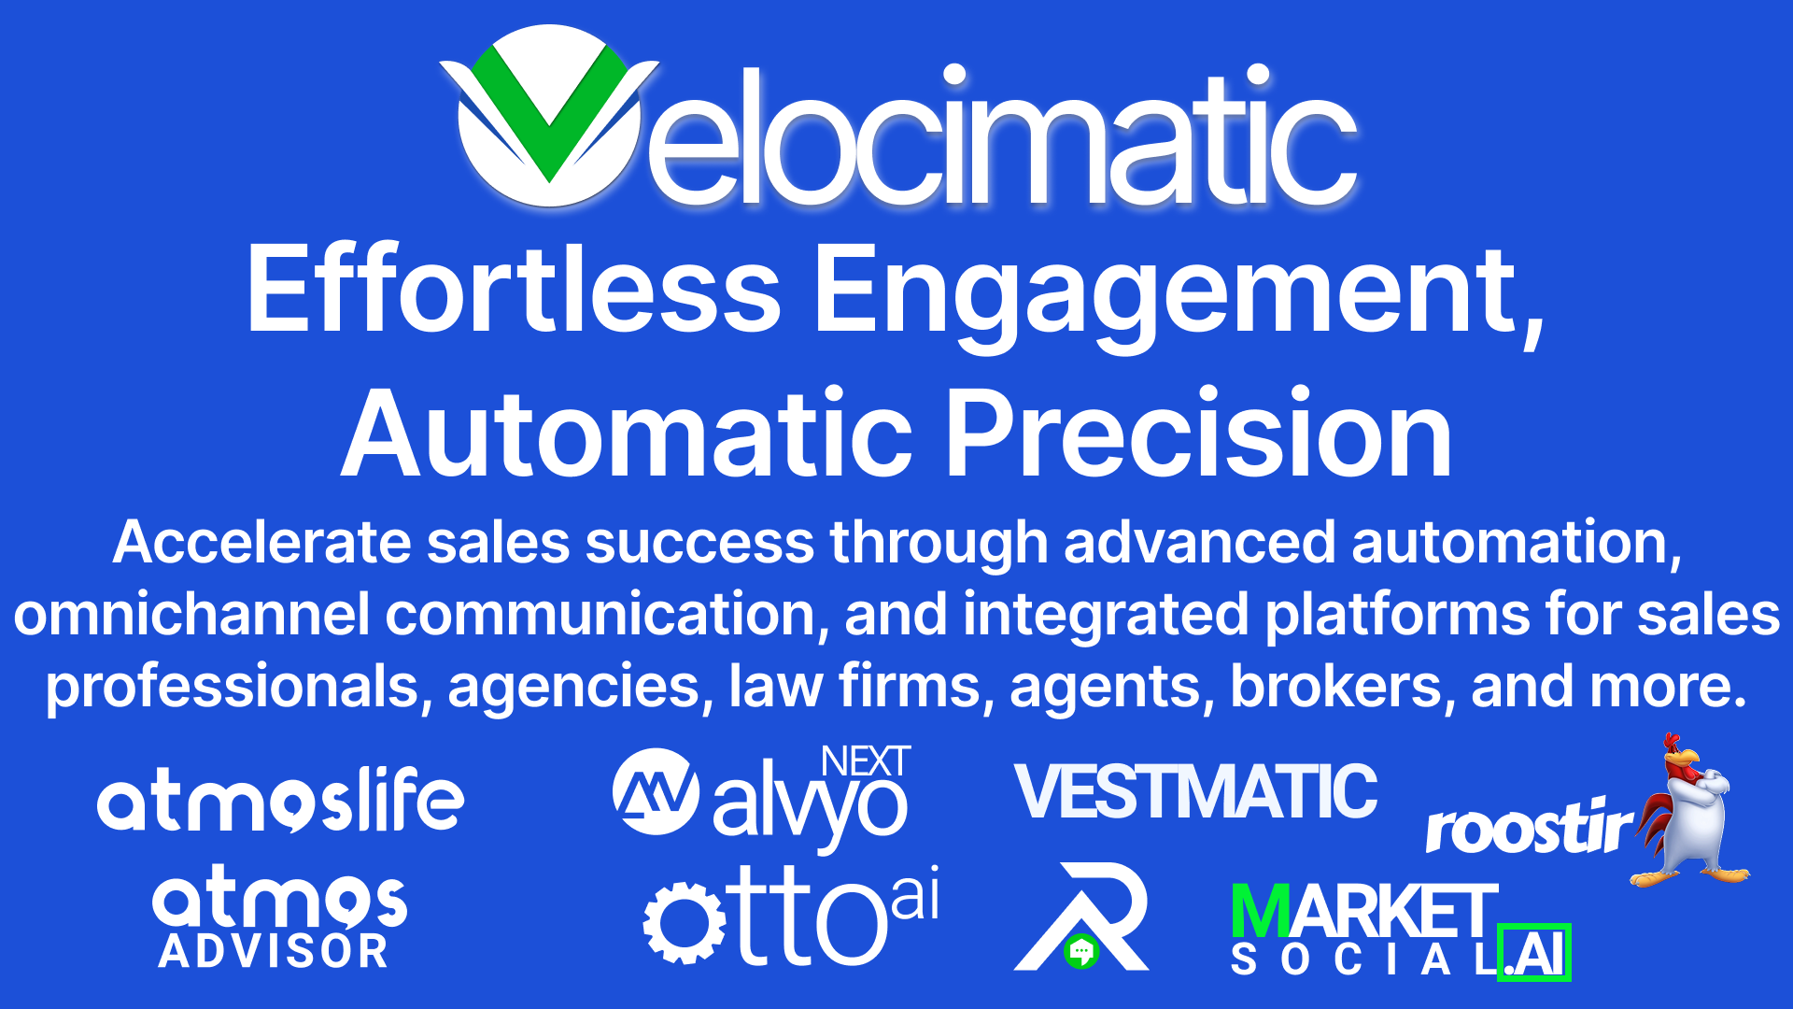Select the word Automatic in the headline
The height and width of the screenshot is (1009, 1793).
(x=627, y=434)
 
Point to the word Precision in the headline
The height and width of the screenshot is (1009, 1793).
(x=1200, y=434)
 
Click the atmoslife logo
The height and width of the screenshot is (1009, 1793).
(x=280, y=800)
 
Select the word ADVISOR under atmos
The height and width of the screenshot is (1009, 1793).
(x=273, y=952)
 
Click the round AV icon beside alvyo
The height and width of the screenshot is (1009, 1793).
(x=656, y=791)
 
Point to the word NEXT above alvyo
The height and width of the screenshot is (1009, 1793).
(x=866, y=761)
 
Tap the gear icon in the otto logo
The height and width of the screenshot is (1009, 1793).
(x=685, y=923)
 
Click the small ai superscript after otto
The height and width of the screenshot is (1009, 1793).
(x=915, y=893)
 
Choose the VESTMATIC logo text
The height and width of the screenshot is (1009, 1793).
(x=1196, y=791)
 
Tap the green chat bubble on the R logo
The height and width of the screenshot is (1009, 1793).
(x=1081, y=952)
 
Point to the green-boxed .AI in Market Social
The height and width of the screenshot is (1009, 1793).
(x=1534, y=953)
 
